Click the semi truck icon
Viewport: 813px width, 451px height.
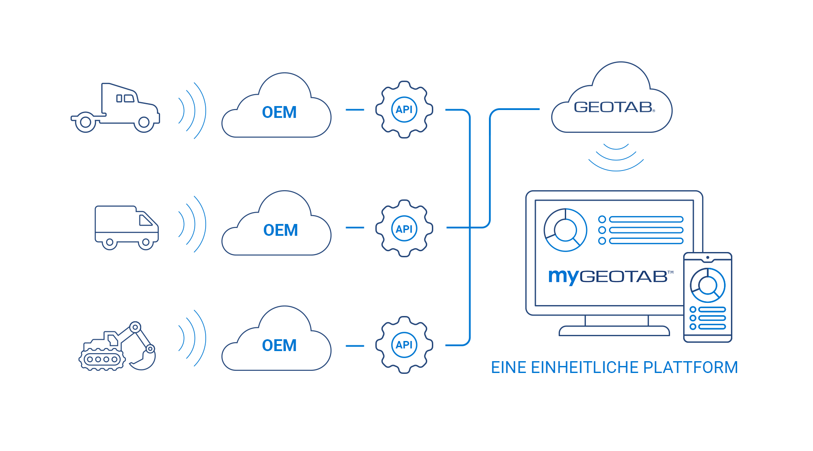(x=115, y=108)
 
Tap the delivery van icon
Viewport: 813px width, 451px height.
(x=126, y=227)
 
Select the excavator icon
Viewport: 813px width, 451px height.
(x=118, y=346)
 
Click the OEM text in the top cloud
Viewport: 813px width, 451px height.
(x=279, y=113)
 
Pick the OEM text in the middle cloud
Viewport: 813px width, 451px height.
(x=281, y=231)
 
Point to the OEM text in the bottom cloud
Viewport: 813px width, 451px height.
(x=279, y=346)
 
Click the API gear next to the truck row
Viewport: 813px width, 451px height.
(x=404, y=110)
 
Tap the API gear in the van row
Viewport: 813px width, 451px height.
(x=404, y=228)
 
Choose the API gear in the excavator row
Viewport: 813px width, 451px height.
(x=404, y=345)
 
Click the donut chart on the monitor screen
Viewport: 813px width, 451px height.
(x=565, y=230)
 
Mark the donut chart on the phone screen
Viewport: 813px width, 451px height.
(x=707, y=285)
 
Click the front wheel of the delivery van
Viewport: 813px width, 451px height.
(x=146, y=242)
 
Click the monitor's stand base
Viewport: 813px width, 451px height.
(x=614, y=331)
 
